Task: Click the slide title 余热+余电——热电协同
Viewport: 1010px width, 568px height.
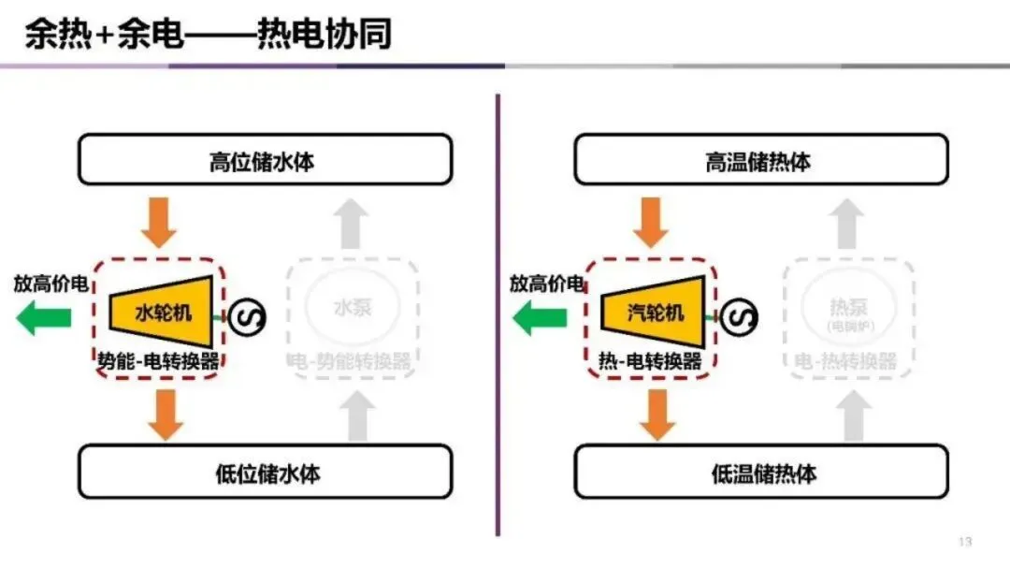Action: click(207, 35)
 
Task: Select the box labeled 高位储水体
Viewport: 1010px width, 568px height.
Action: click(265, 160)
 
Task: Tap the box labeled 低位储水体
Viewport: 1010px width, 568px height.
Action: click(265, 472)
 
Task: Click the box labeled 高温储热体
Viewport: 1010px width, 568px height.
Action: click(760, 160)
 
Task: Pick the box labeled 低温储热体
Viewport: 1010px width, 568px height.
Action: click(760, 472)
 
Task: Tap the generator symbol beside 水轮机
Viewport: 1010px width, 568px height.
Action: click(248, 317)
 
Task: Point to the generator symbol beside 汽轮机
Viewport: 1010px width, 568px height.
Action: click(741, 316)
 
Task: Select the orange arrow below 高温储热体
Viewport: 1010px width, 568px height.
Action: click(654, 221)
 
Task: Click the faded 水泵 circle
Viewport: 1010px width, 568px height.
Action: click(352, 306)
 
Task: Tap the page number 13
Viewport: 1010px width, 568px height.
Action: click(965, 543)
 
